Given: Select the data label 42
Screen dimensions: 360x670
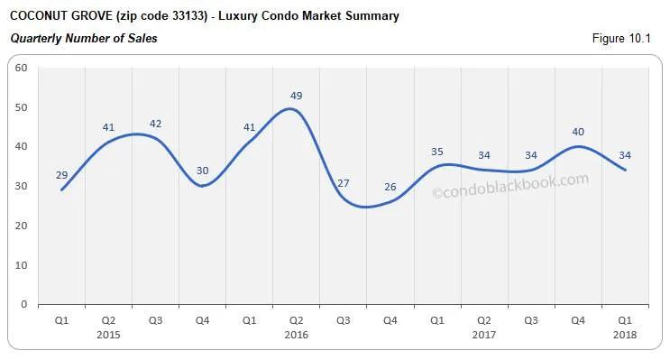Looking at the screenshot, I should (155, 123).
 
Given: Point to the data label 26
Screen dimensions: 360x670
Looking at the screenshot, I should (390, 187).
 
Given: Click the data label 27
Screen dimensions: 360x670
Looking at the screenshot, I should (343, 183).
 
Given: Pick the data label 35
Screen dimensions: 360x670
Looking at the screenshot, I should (437, 152).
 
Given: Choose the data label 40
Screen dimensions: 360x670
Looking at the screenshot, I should (578, 132).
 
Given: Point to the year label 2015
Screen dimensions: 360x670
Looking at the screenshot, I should (108, 334).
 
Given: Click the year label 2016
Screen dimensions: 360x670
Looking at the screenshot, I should (296, 334).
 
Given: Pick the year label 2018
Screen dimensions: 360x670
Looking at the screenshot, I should (625, 334).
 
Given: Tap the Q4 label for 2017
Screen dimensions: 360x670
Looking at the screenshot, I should (578, 319).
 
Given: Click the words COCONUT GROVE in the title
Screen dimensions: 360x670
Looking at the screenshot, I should (60, 16).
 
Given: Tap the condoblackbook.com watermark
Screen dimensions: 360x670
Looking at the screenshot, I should (510, 185).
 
